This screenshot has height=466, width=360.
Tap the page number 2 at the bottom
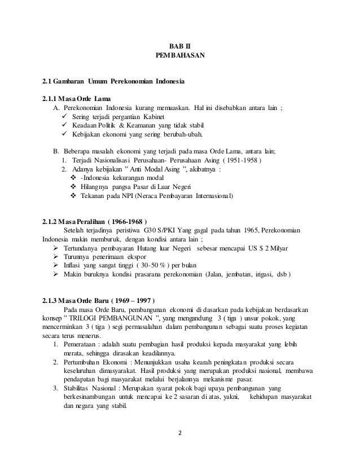[180, 434]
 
